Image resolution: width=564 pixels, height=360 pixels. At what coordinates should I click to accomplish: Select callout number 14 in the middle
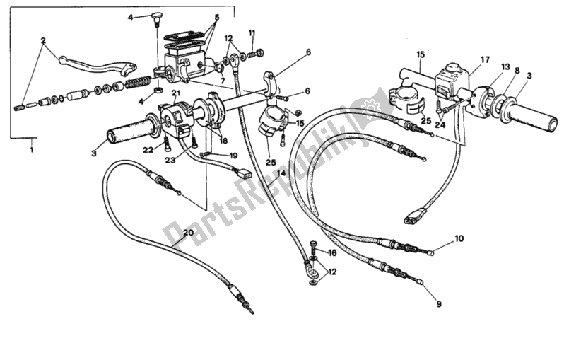[x=283, y=173]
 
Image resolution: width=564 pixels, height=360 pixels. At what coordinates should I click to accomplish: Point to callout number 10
[x=459, y=240]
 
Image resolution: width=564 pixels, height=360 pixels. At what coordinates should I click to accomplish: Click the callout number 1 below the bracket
[x=31, y=150]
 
